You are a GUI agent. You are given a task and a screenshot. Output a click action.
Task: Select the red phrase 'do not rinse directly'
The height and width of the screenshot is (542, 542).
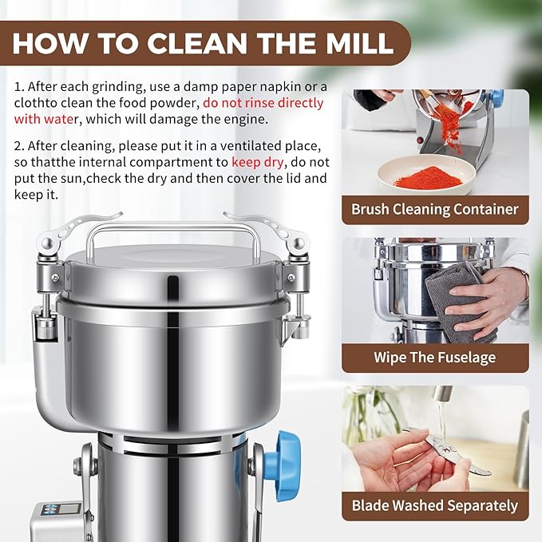(x=263, y=103)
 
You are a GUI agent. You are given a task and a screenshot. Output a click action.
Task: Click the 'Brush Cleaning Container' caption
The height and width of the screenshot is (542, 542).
(x=435, y=210)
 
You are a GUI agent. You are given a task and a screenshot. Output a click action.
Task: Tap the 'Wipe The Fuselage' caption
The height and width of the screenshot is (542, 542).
(x=435, y=358)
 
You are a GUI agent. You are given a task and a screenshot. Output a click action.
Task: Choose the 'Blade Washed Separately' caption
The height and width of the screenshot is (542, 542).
(x=435, y=505)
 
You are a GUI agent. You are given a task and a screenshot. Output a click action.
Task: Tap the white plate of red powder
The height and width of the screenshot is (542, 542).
(x=423, y=176)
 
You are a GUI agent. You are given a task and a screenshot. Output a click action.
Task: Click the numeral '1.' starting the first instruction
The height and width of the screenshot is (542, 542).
(x=18, y=86)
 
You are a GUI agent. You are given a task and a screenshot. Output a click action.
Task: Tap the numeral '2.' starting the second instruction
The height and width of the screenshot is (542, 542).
(x=19, y=144)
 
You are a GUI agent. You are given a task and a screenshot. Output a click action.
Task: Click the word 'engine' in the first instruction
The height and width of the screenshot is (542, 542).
(x=243, y=120)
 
